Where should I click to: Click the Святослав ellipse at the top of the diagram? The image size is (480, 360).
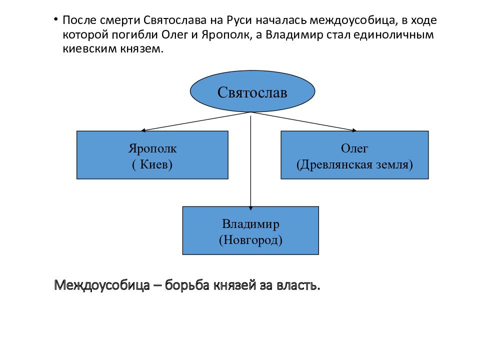pyautogui.click(x=252, y=91)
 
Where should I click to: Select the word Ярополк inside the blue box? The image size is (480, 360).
pyautogui.click(x=152, y=148)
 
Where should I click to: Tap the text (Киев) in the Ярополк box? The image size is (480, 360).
pyautogui.click(x=152, y=164)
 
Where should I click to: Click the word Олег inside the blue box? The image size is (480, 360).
pyautogui.click(x=354, y=148)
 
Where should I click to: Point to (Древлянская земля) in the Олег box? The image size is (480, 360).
pyautogui.click(x=354, y=164)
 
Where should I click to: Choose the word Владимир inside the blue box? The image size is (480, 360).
pyautogui.click(x=250, y=224)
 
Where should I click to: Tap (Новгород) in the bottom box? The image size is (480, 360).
pyautogui.click(x=250, y=240)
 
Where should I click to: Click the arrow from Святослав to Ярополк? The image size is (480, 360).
pyautogui.click(x=196, y=121)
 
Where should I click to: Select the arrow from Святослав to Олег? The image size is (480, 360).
pyautogui.click(x=304, y=121)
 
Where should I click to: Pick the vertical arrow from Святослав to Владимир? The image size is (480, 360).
pyautogui.click(x=250, y=161)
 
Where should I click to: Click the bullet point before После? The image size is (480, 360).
pyautogui.click(x=55, y=20)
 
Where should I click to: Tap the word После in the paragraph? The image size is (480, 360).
pyautogui.click(x=79, y=20)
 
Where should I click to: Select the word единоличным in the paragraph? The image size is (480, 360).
pyautogui.click(x=393, y=35)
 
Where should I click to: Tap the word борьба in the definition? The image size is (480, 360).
pyautogui.click(x=187, y=285)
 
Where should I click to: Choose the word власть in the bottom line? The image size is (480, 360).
pyautogui.click(x=298, y=285)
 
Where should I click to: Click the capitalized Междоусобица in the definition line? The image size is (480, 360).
pyautogui.click(x=102, y=285)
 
